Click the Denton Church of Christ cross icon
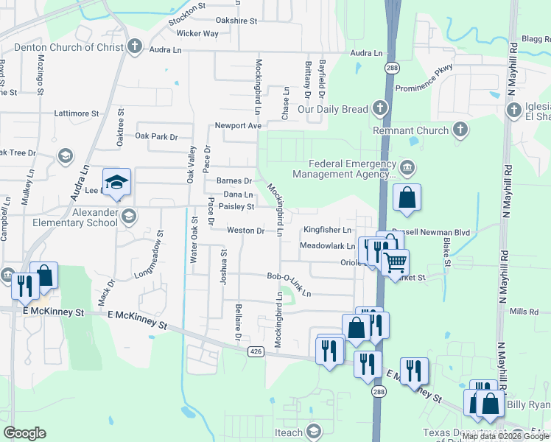[134, 47]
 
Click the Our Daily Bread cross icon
[379, 109]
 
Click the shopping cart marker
[396, 262]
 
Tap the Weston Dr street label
[245, 231]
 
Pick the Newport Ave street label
[238, 125]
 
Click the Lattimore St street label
[77, 114]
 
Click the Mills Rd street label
[524, 312]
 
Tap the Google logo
[25, 433]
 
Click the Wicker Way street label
[197, 34]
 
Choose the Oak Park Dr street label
[157, 136]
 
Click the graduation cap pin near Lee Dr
[116, 181]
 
